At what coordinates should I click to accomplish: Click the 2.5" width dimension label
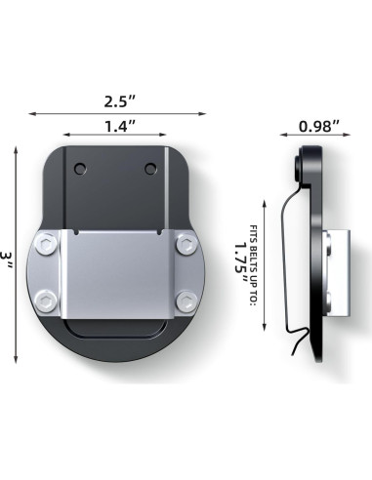coord(119,101)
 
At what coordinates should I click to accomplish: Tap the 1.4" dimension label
coord(120,126)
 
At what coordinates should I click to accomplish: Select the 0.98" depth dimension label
coord(319,126)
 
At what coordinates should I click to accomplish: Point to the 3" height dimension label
coord(6,260)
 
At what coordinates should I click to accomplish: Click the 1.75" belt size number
coord(241,262)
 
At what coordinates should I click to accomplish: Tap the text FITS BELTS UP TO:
coord(254,265)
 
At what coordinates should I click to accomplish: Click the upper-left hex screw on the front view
coord(46,243)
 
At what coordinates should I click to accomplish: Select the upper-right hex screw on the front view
coord(187,244)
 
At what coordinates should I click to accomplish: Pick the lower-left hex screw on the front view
coord(46,301)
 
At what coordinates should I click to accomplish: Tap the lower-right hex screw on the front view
coord(187,301)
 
